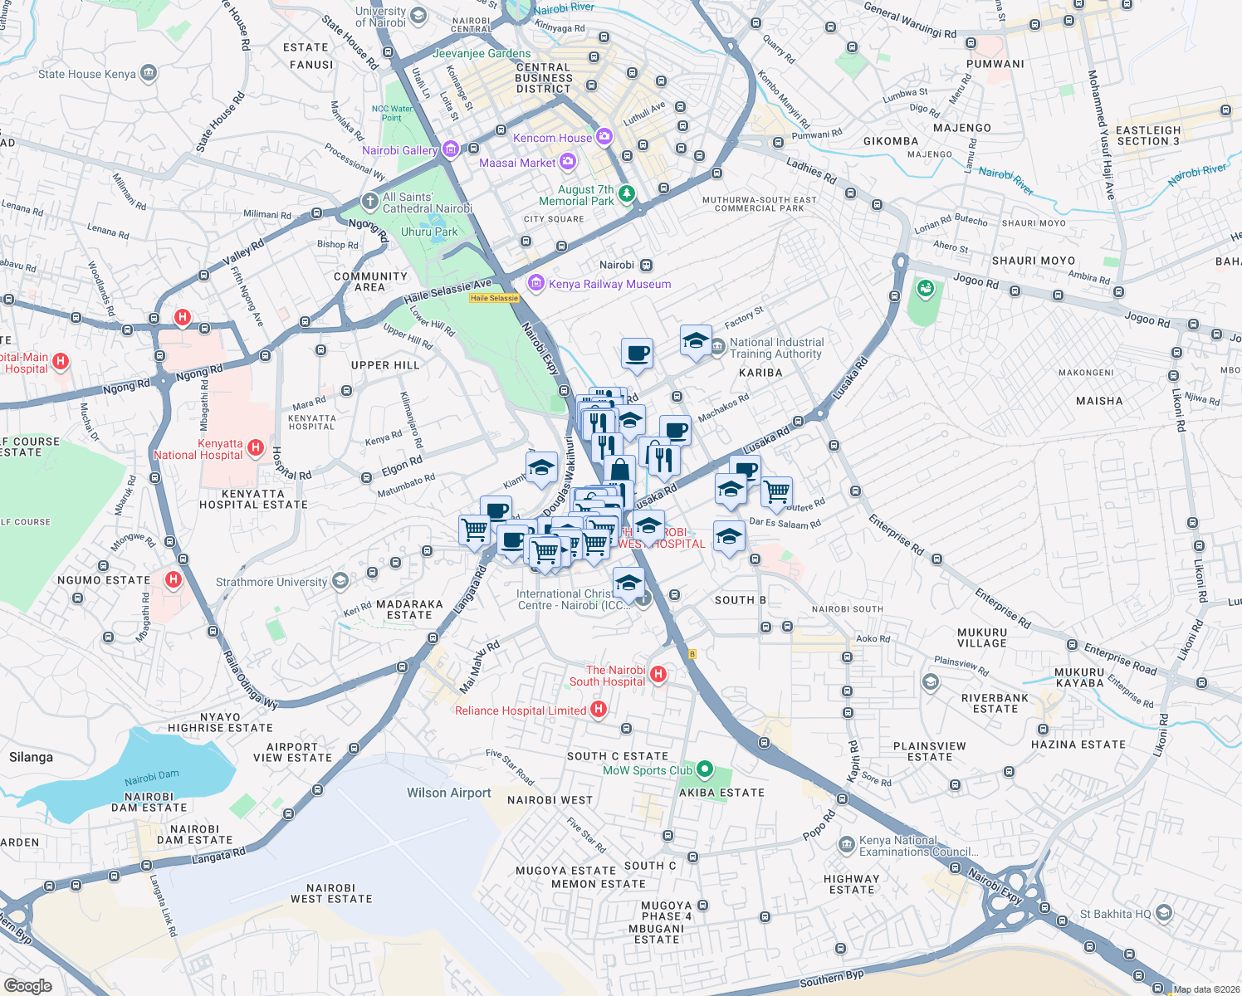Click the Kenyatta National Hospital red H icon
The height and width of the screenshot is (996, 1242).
pos(256,448)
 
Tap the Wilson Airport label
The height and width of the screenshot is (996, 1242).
pos(448,793)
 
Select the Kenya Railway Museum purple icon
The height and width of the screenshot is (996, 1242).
pos(536,284)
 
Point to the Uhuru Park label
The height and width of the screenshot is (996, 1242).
pos(429,232)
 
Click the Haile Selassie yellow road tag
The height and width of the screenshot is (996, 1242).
pos(494,298)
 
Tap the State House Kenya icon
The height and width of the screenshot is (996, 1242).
pos(149,74)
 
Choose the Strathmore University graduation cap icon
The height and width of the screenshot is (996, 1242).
pos(340,581)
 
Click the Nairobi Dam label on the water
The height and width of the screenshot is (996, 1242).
pos(152,778)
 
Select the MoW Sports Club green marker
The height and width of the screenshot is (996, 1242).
pos(705,769)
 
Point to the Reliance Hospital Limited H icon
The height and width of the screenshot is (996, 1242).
pos(599,710)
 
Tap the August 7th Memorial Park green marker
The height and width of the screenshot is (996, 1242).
pos(627,194)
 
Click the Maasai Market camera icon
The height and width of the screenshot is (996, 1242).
pos(568,162)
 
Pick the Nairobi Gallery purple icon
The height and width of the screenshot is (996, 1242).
pos(451,149)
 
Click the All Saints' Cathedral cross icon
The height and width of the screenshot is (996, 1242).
pos(369,202)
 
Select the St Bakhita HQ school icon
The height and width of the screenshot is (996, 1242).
pos(1164,913)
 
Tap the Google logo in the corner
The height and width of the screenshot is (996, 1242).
pos(28,985)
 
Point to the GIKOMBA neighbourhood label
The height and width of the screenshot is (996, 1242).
pos(891,141)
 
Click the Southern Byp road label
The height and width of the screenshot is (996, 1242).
pos(831,979)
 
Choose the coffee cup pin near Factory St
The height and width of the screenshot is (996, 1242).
pos(637,354)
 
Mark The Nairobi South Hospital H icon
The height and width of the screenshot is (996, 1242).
pos(658,674)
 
